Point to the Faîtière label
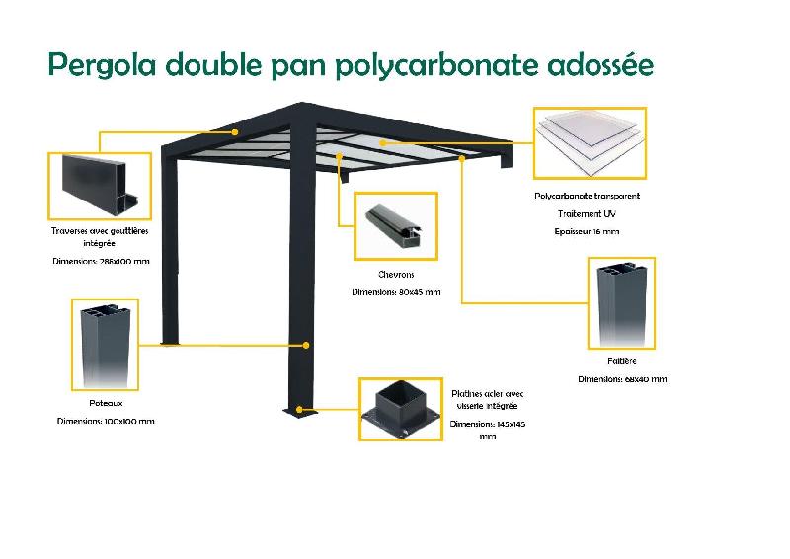coord(622,361)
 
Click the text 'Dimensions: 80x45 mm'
coord(396,292)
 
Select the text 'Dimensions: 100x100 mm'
coord(106,422)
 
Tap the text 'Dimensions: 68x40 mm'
coord(622,379)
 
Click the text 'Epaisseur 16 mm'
coord(588,231)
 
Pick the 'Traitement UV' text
coord(588,213)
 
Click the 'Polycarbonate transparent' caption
coord(588,196)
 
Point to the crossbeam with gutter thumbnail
coord(100,186)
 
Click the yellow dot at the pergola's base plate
coord(309,409)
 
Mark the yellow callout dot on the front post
coord(308,346)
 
